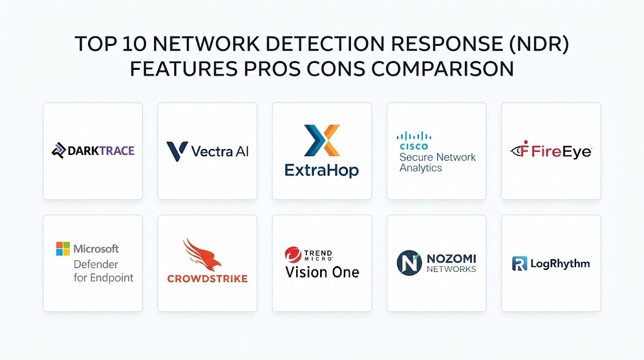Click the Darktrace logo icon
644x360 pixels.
[x=58, y=150]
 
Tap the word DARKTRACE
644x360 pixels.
[x=101, y=151]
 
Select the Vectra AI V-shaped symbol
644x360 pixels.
[x=177, y=151]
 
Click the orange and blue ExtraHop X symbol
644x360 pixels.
[x=322, y=140]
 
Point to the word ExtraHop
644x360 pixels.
[x=321, y=170]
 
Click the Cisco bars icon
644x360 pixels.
[x=414, y=136]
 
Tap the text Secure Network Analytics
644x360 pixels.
[x=438, y=162]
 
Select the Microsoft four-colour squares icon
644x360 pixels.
[x=63, y=249]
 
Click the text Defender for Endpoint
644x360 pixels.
[x=104, y=271]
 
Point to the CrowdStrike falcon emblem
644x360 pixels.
[x=202, y=254]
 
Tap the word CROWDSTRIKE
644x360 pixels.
[x=208, y=279]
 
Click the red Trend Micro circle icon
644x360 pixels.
[x=293, y=255]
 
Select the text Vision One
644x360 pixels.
[x=323, y=272]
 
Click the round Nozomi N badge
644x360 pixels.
[x=409, y=262]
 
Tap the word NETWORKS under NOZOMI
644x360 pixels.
[x=452, y=269]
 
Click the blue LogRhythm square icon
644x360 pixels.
[x=519, y=264]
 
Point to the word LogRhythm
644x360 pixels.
[x=560, y=264]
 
